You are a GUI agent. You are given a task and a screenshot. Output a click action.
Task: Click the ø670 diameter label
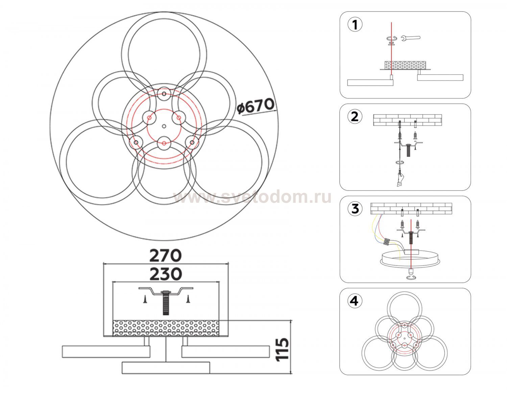(x=255, y=106)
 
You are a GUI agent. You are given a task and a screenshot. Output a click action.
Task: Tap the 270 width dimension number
(x=165, y=256)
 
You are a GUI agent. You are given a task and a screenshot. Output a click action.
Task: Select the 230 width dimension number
(x=166, y=274)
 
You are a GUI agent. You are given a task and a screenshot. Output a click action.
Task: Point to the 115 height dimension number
(x=282, y=349)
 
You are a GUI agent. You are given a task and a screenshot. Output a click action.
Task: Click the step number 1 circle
(x=355, y=25)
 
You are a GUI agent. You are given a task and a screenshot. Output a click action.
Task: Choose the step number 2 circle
(x=355, y=117)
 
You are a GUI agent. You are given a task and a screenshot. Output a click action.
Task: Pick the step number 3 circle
(x=355, y=209)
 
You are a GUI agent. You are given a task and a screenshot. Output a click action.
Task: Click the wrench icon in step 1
(x=411, y=38)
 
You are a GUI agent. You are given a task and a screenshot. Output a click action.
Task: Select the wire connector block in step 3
(x=387, y=242)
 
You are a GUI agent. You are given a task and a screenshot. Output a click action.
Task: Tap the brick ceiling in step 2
(x=407, y=120)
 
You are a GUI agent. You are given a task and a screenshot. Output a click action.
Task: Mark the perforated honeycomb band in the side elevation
(x=166, y=328)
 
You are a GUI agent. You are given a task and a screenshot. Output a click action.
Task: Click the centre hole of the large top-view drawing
(x=164, y=126)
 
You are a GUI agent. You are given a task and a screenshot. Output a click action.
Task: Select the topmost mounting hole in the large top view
(x=164, y=94)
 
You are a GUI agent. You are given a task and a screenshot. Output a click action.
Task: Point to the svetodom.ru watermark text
(x=252, y=197)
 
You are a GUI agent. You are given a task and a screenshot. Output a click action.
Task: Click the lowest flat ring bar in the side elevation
(x=166, y=368)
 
